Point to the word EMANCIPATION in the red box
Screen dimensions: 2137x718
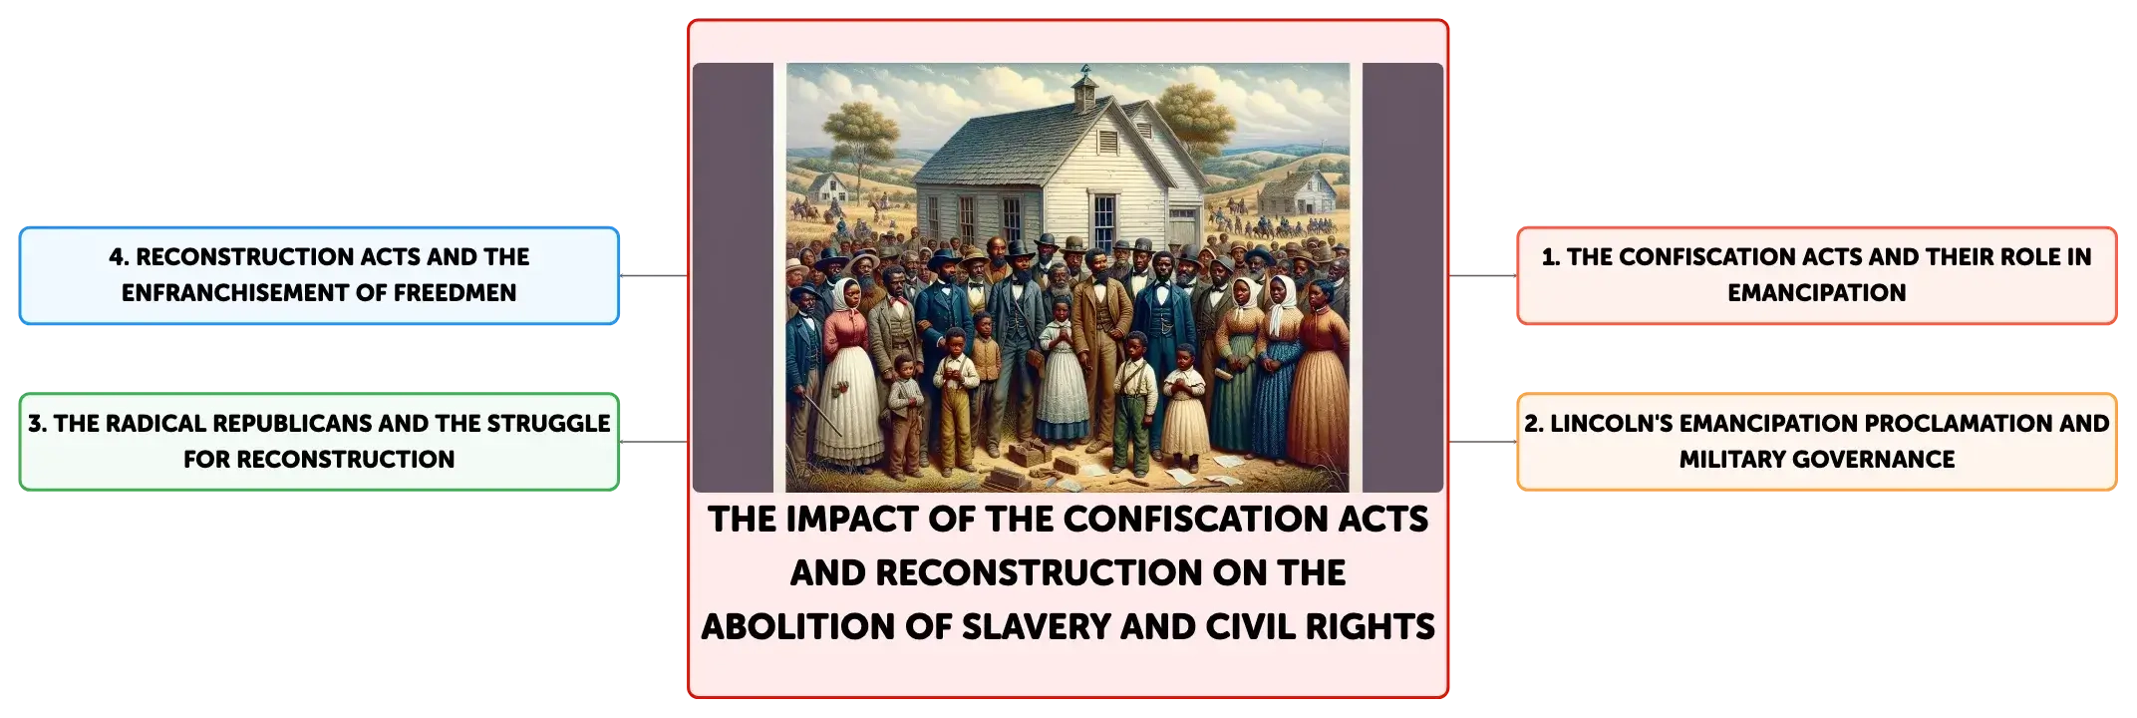point(1816,293)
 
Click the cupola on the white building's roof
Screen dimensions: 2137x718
point(1085,90)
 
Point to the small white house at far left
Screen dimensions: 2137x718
point(827,188)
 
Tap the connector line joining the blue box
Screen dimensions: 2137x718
point(654,276)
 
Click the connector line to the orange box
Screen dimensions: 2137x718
point(1483,442)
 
